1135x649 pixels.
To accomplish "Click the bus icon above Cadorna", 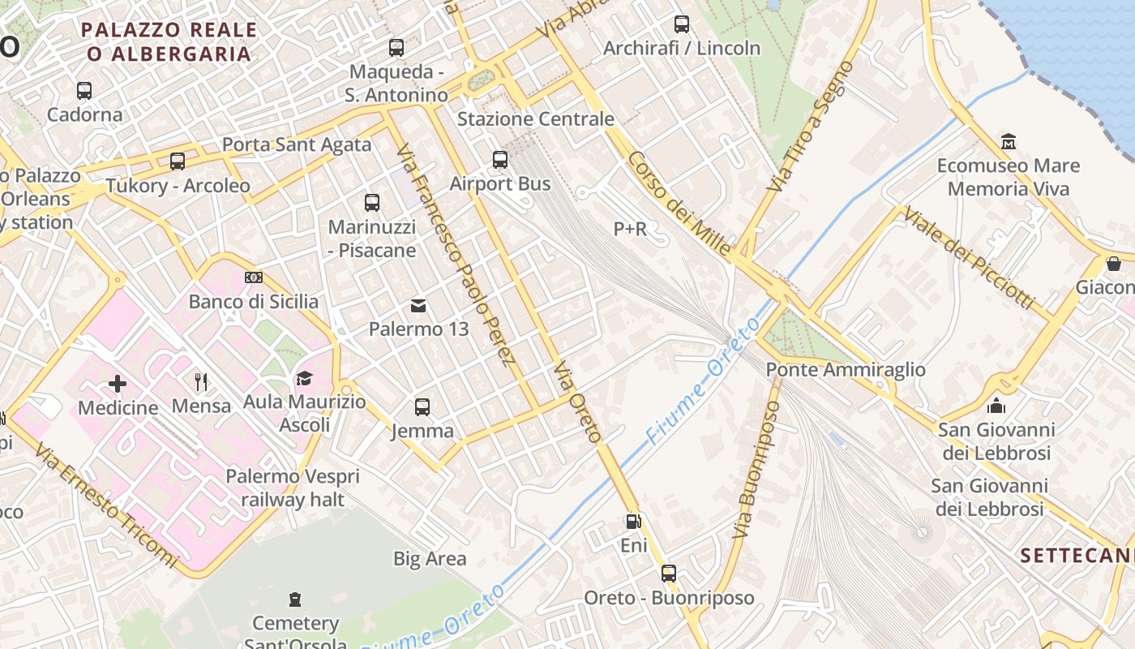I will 84,91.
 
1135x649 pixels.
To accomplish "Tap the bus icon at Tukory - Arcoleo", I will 178,161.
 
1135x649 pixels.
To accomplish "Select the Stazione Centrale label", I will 535,119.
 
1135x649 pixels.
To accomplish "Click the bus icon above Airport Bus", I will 500,160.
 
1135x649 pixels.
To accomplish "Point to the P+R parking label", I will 630,229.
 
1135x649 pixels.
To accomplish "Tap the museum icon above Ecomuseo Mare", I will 1009,141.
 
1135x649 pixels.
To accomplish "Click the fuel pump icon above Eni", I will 632,522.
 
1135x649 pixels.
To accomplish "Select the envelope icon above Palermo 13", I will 418,306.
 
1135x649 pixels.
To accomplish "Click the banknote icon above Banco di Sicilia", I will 254,277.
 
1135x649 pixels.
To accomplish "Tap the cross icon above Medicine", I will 118,383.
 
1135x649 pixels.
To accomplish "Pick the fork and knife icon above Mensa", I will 201,381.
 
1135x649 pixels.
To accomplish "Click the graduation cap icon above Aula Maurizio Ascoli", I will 304,378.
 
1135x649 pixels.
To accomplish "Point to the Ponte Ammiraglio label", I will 846,370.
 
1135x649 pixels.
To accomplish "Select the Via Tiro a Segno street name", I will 811,127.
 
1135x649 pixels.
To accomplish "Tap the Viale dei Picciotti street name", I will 969,258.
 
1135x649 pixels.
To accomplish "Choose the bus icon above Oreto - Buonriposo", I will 669,574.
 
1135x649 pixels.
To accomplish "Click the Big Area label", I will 430,558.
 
